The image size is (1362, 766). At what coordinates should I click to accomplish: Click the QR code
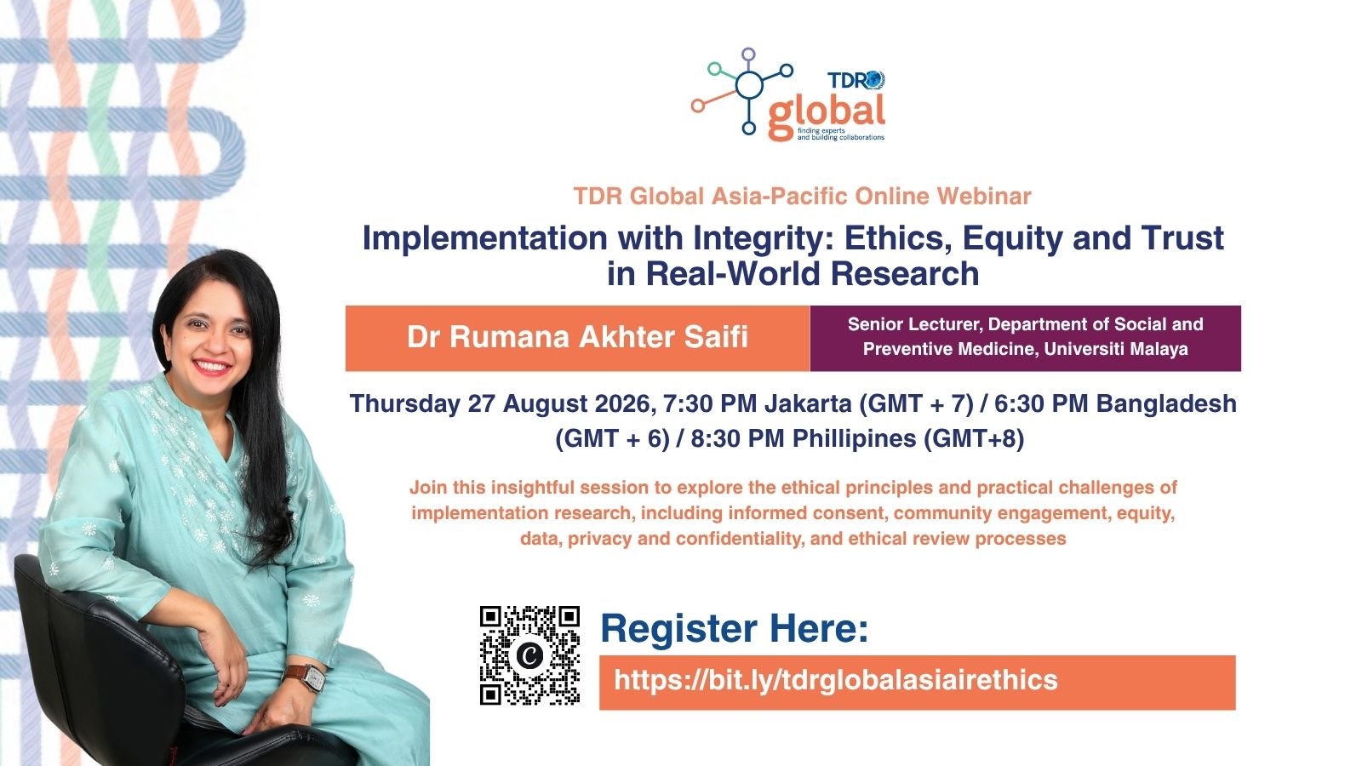point(529,655)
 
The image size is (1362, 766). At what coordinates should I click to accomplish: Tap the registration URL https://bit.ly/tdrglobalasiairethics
point(836,680)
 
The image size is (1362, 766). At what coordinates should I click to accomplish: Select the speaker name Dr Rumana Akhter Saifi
point(577,337)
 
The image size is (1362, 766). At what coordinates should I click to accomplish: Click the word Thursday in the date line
point(405,404)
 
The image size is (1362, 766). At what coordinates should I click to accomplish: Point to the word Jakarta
point(808,403)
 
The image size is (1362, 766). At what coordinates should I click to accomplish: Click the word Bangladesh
point(1166,404)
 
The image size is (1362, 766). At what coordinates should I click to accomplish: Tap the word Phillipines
point(855,439)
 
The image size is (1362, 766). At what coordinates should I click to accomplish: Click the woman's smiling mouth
point(212,367)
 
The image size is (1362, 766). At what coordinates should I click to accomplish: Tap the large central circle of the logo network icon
point(749,84)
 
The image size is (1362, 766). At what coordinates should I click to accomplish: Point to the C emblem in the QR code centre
point(529,655)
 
